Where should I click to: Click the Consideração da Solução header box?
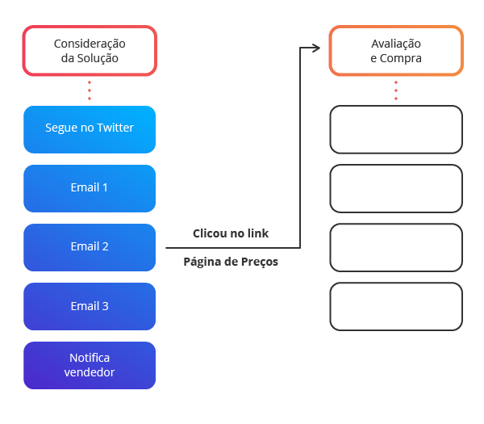[90, 51]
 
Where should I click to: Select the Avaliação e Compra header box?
[396, 51]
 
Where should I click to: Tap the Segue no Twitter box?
[90, 128]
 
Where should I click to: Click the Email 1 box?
[90, 187]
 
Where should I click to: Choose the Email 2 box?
[90, 246]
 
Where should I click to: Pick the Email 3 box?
[90, 306]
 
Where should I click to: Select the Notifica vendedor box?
[90, 365]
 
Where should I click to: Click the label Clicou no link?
[231, 233]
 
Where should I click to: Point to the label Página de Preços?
[231, 262]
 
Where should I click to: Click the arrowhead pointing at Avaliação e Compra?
[317, 48]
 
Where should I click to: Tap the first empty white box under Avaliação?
[396, 129]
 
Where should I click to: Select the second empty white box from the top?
[396, 188]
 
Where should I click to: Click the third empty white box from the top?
[396, 247]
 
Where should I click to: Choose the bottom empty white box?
[396, 306]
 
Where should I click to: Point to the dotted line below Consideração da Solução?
[90, 90]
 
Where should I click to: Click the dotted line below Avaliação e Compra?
[396, 90]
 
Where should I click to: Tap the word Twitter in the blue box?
[115, 128]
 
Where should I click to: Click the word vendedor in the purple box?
[90, 372]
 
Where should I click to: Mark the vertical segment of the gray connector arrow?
[299, 145]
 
